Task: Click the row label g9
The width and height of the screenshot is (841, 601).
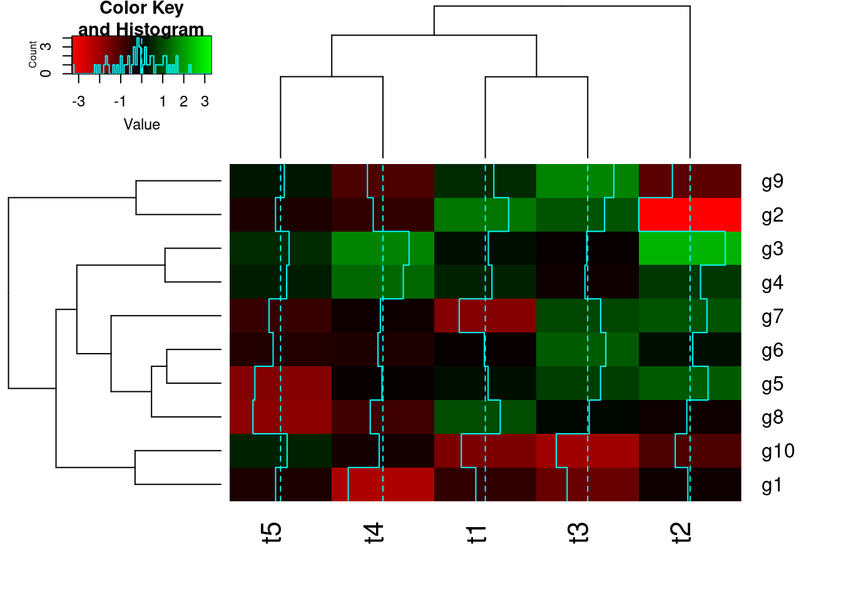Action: pyautogui.click(x=772, y=182)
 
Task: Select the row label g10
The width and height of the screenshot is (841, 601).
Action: pyautogui.click(x=778, y=451)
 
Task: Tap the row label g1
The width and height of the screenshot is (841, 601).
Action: pyautogui.click(x=772, y=485)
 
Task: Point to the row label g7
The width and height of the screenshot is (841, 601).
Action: pyautogui.click(x=772, y=317)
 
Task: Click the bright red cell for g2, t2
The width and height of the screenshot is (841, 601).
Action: pyautogui.click(x=690, y=215)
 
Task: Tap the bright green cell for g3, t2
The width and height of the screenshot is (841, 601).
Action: pyautogui.click(x=690, y=249)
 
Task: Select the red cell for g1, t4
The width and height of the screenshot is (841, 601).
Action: pyautogui.click(x=382, y=485)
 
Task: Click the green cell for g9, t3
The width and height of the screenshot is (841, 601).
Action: pyautogui.click(x=587, y=181)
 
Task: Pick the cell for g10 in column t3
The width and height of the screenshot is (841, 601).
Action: pyautogui.click(x=587, y=451)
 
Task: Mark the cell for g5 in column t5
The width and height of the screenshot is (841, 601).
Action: pyautogui.click(x=280, y=383)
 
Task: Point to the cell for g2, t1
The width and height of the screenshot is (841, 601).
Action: pyautogui.click(x=485, y=215)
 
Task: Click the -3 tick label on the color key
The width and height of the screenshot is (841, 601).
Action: pyautogui.click(x=78, y=101)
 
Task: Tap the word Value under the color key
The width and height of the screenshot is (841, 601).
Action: pyautogui.click(x=142, y=125)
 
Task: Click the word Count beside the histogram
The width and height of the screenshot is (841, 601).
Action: pyautogui.click(x=33, y=54)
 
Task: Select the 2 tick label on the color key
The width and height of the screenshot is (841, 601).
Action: pyautogui.click(x=183, y=101)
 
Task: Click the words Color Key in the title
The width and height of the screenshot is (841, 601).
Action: pyautogui.click(x=141, y=9)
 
